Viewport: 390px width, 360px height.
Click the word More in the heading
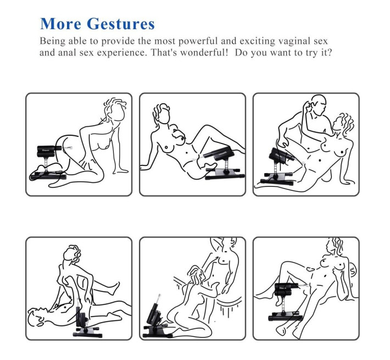[60, 24]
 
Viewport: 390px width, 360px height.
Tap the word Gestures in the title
[121, 24]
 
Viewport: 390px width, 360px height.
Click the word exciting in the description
[258, 41]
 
